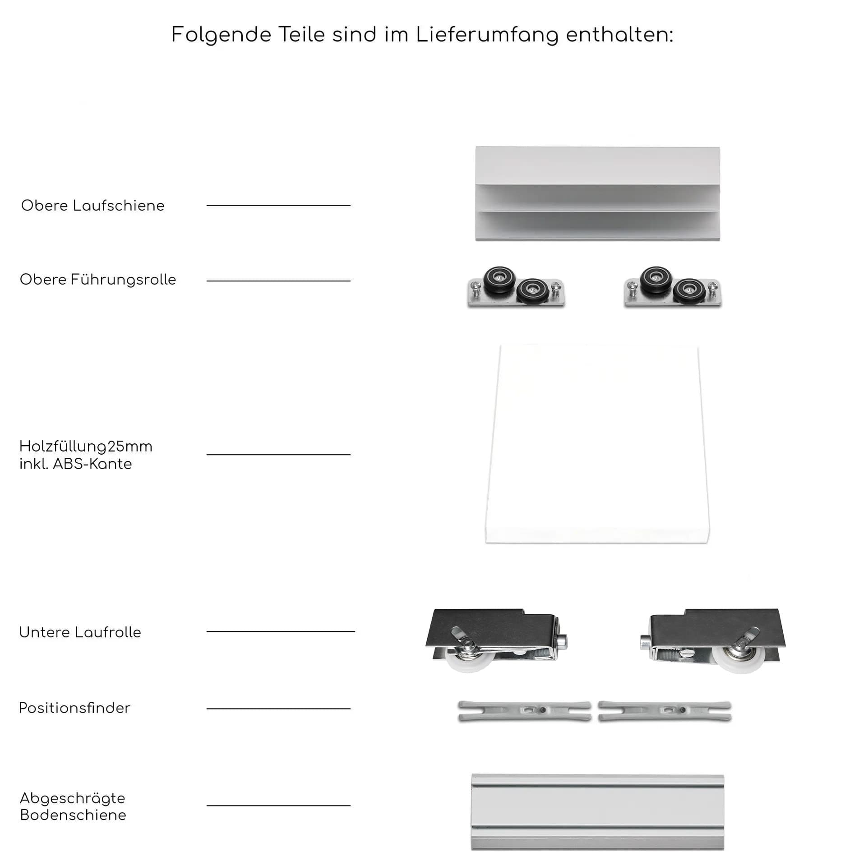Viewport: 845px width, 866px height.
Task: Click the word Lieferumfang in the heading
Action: pyautogui.click(x=487, y=35)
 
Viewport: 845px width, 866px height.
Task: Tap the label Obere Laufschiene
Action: pyautogui.click(x=93, y=206)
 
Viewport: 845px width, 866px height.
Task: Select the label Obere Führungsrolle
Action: pyautogui.click(x=98, y=280)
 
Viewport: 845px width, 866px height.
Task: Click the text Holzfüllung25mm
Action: pyautogui.click(x=86, y=447)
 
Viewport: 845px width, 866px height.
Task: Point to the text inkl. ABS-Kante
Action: pyautogui.click(x=75, y=464)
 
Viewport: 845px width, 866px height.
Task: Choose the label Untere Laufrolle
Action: pyautogui.click(x=80, y=632)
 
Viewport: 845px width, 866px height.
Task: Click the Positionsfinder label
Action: pyautogui.click(x=74, y=708)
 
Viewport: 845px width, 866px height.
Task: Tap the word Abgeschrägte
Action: pyautogui.click(x=73, y=798)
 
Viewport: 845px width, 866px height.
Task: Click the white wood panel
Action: pyautogui.click(x=597, y=444)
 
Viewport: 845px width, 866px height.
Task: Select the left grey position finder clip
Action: pyautogui.click(x=524, y=711)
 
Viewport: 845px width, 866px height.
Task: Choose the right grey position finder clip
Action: pyautogui.click(x=665, y=711)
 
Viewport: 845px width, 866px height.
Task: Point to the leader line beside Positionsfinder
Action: pyautogui.click(x=278, y=709)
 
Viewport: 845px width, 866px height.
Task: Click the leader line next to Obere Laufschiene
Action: pyautogui.click(x=278, y=206)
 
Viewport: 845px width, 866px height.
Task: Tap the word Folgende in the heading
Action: pyautogui.click(x=221, y=35)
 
